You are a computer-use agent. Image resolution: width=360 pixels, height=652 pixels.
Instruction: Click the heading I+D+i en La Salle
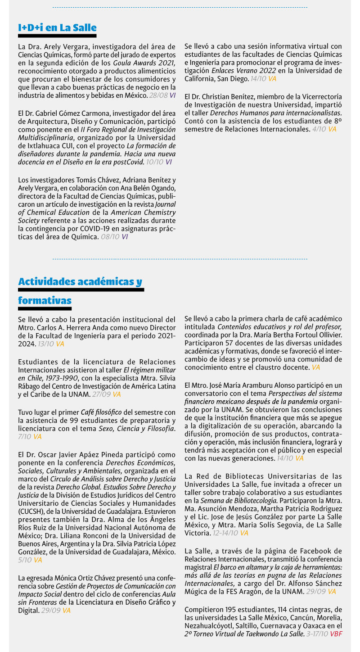point(57,28)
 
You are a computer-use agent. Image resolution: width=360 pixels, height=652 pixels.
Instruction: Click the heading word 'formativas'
point(45,300)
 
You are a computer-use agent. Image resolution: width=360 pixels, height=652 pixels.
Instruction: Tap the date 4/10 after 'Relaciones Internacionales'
point(319,129)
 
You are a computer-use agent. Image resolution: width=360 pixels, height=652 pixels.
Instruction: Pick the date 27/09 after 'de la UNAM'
point(102,394)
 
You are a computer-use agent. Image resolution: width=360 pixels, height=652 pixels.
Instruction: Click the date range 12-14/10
point(225,533)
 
